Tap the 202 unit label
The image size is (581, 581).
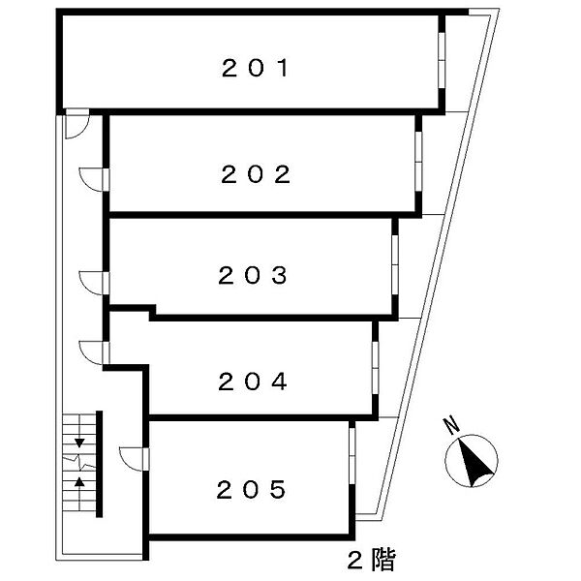(256, 174)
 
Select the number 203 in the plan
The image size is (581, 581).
(252, 276)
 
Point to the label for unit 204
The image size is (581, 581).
(252, 382)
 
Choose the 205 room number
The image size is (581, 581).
(250, 489)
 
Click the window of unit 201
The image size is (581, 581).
(442, 61)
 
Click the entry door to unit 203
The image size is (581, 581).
(95, 281)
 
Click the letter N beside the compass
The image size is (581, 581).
(449, 424)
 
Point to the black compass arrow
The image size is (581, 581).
(473, 464)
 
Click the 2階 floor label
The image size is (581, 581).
(371, 559)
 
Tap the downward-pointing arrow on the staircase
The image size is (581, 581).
(79, 443)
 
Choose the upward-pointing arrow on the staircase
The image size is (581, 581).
(79, 481)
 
